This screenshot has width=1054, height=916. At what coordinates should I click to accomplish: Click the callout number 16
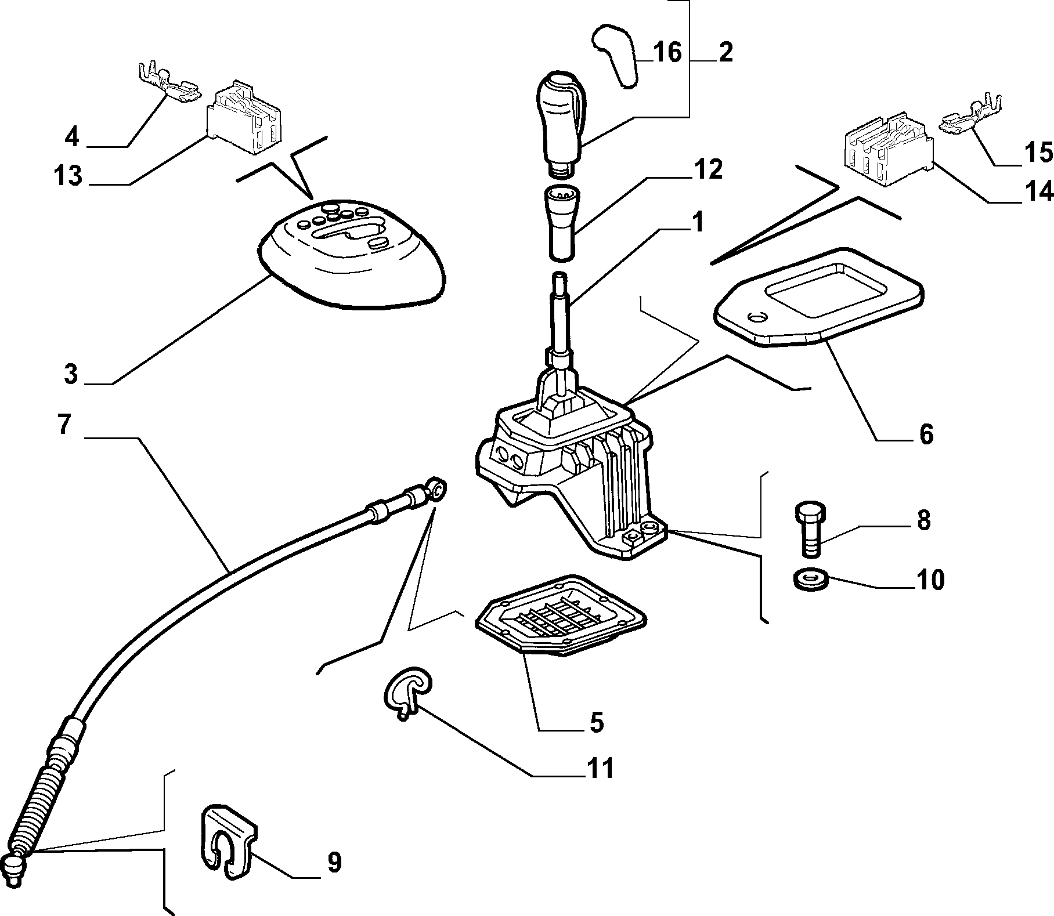667,52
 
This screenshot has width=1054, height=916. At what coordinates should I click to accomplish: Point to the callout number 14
1037,191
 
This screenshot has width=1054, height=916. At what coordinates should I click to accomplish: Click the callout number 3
70,375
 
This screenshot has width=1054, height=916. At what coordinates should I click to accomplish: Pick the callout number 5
596,722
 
